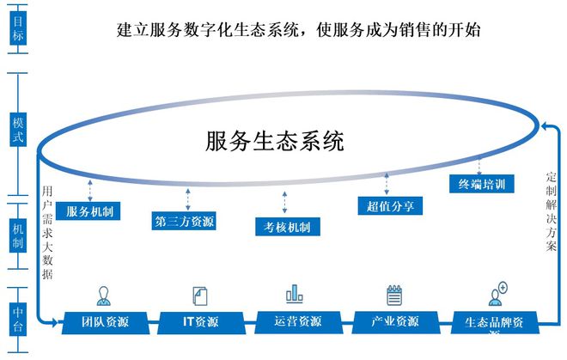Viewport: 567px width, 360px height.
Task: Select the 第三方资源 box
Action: click(x=184, y=222)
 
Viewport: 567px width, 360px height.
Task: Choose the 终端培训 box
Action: click(x=482, y=184)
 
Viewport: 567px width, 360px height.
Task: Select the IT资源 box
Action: click(x=200, y=322)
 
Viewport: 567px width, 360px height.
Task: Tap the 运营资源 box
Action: click(x=296, y=322)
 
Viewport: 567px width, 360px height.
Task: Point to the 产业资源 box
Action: click(x=395, y=322)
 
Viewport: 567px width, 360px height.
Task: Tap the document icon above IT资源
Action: click(x=198, y=295)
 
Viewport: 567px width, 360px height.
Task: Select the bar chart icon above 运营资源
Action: click(x=295, y=294)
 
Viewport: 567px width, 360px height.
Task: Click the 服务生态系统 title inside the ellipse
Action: click(x=275, y=141)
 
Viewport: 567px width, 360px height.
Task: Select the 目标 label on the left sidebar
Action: click(x=17, y=27)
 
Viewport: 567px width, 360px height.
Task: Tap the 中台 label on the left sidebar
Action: click(x=17, y=319)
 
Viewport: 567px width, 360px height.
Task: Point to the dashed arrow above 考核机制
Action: click(x=283, y=203)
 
